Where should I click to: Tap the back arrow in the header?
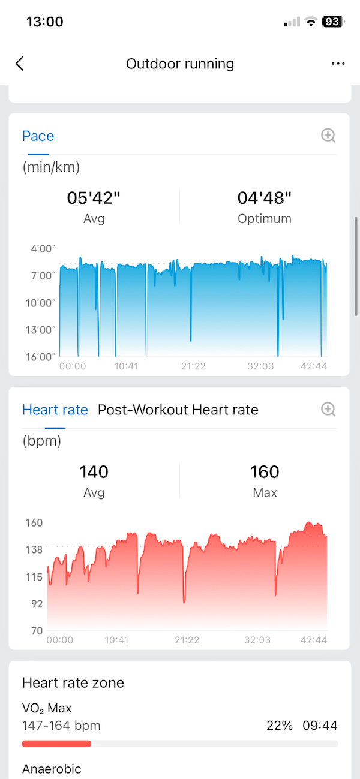(20, 64)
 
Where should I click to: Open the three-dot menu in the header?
(338, 64)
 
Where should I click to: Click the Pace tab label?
(38, 136)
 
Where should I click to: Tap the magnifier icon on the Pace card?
(328, 136)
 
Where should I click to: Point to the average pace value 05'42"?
(94, 198)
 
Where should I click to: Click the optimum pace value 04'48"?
(265, 198)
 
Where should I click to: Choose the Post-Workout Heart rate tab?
(178, 410)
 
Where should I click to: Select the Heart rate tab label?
(55, 410)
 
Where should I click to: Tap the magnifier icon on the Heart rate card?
(328, 410)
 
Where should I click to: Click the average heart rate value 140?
(94, 472)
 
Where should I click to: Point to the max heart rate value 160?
(265, 472)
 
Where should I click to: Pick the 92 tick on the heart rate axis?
(37, 604)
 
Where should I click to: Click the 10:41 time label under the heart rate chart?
(116, 640)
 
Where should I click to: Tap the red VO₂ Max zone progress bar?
(56, 744)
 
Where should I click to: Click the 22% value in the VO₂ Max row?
(280, 726)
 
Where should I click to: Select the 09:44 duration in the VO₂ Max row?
(320, 726)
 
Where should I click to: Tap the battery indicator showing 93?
(332, 22)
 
